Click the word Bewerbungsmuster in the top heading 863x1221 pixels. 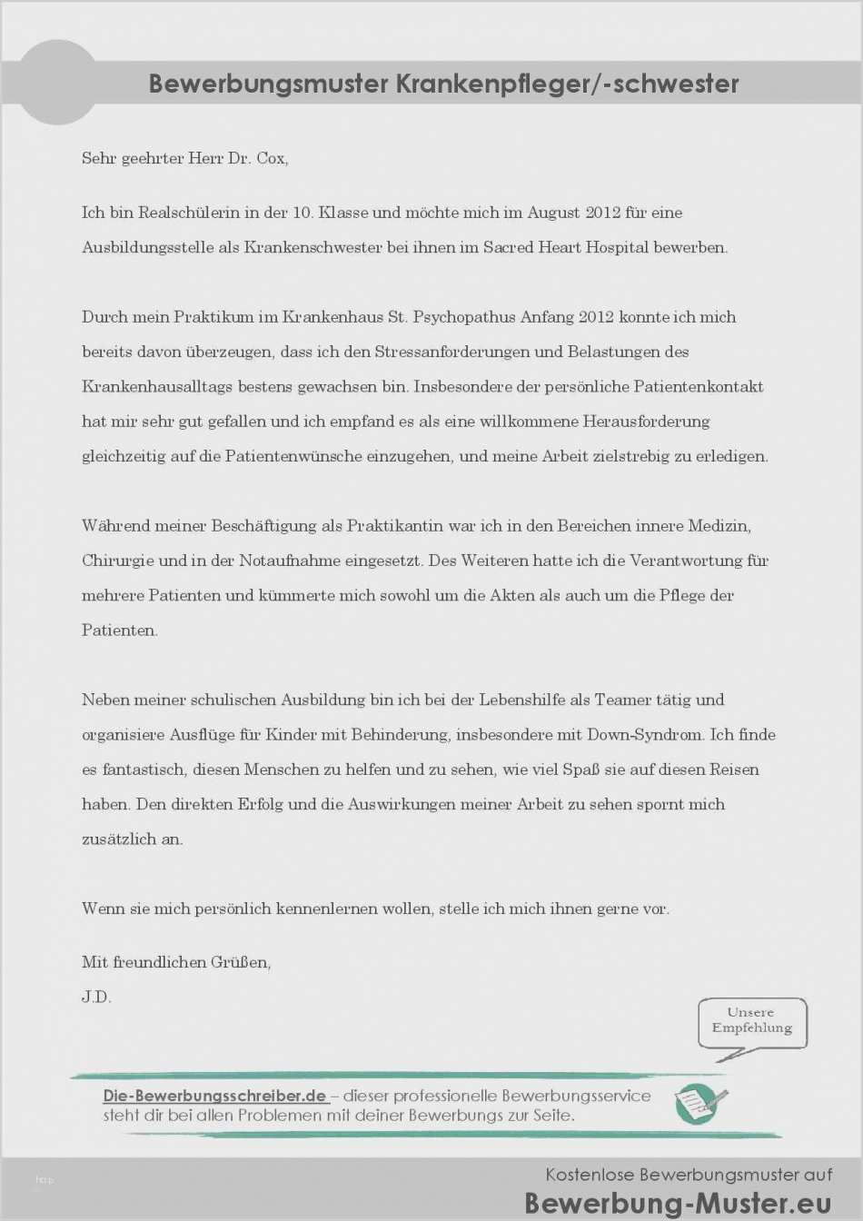(x=269, y=84)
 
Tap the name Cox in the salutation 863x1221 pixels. (x=272, y=158)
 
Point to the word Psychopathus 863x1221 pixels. (x=464, y=317)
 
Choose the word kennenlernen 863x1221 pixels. (x=327, y=908)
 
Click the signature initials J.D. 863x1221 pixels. (x=96, y=997)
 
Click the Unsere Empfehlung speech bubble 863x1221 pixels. (x=751, y=1022)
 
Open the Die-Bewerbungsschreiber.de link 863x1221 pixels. (x=214, y=1096)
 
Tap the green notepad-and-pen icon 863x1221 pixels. (x=699, y=1104)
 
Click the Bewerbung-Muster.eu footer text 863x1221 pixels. (x=677, y=1203)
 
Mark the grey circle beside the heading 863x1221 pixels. (x=57, y=83)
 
